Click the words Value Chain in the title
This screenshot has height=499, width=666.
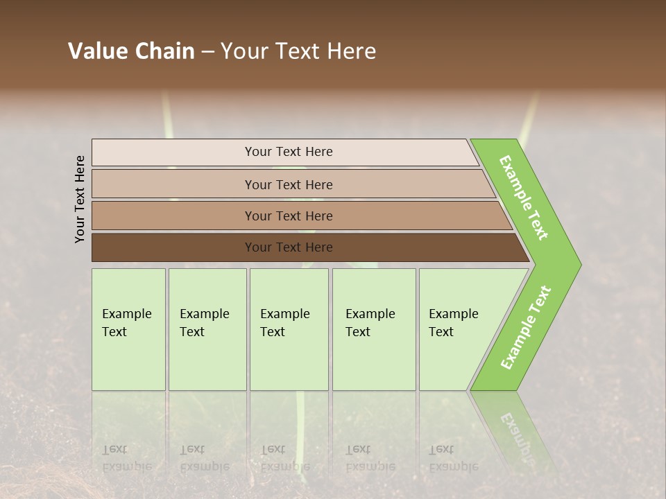(x=131, y=51)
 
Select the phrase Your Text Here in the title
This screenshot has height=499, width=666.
(x=298, y=51)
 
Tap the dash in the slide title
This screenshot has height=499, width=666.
(x=207, y=51)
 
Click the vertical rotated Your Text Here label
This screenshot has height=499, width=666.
(x=80, y=199)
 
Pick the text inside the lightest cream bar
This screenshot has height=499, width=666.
(x=289, y=152)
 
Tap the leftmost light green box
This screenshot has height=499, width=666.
(x=128, y=329)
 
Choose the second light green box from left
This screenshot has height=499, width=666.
(x=207, y=329)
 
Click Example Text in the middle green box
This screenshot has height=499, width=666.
(x=284, y=323)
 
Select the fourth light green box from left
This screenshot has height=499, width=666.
(x=374, y=329)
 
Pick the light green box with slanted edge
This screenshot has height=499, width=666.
(x=458, y=329)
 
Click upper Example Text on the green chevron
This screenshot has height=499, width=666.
(x=524, y=198)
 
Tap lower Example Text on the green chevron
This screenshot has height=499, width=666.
(x=526, y=327)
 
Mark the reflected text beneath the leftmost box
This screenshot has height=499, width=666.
(x=126, y=458)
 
